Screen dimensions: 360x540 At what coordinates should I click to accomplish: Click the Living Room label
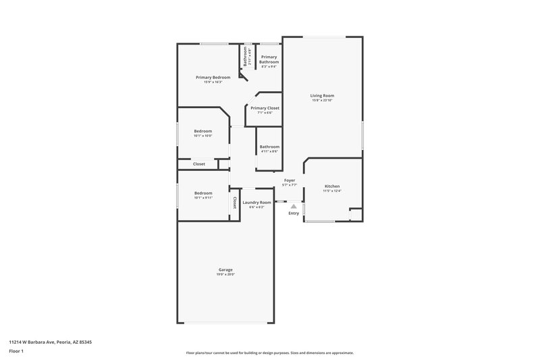coord(322,96)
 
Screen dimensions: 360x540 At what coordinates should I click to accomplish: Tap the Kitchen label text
coord(332,186)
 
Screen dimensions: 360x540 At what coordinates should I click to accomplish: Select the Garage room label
coord(225,269)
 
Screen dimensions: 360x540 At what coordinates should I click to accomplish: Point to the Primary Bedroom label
coord(213,77)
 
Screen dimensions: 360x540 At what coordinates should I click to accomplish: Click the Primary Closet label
coord(265,108)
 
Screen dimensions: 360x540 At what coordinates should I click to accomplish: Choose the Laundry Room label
coord(256,203)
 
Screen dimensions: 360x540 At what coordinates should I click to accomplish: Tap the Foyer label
coord(290,180)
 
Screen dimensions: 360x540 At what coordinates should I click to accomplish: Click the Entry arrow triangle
coord(294,206)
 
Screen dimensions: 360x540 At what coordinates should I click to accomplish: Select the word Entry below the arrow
coord(294,213)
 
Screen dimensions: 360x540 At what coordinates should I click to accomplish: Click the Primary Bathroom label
coord(269,59)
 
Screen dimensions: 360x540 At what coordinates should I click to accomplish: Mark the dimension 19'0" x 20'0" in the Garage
coord(225,275)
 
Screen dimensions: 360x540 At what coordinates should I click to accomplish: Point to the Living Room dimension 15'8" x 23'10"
coord(322,101)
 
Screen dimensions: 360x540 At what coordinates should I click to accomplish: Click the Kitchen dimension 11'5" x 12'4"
coord(332,191)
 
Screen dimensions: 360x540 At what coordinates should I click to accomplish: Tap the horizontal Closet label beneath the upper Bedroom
coord(199,164)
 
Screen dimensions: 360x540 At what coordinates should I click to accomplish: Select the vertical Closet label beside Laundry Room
coord(235,202)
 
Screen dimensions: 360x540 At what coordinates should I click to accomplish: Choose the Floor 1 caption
coord(17,352)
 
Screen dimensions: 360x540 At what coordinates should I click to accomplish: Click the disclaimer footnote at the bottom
coord(269,353)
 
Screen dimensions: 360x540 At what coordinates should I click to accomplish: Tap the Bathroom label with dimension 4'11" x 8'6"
coord(269,147)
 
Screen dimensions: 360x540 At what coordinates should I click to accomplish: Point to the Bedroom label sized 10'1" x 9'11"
coord(203,193)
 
